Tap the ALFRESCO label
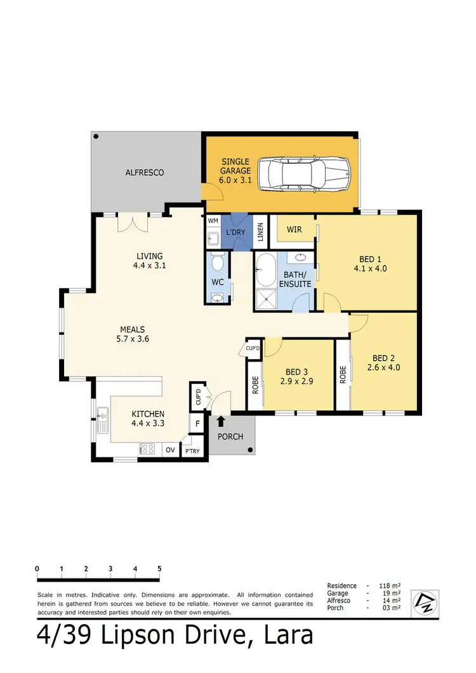pyautogui.click(x=145, y=172)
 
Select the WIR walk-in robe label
pyautogui.click(x=294, y=229)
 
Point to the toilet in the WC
pyautogui.click(x=217, y=261)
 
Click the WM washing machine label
pyautogui.click(x=213, y=221)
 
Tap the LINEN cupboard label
pyautogui.click(x=260, y=231)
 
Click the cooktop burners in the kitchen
pyautogui.click(x=147, y=449)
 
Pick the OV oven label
pyautogui.click(x=170, y=450)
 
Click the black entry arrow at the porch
pyautogui.click(x=221, y=421)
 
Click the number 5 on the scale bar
pyautogui.click(x=159, y=568)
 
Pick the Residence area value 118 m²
pyautogui.click(x=392, y=585)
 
